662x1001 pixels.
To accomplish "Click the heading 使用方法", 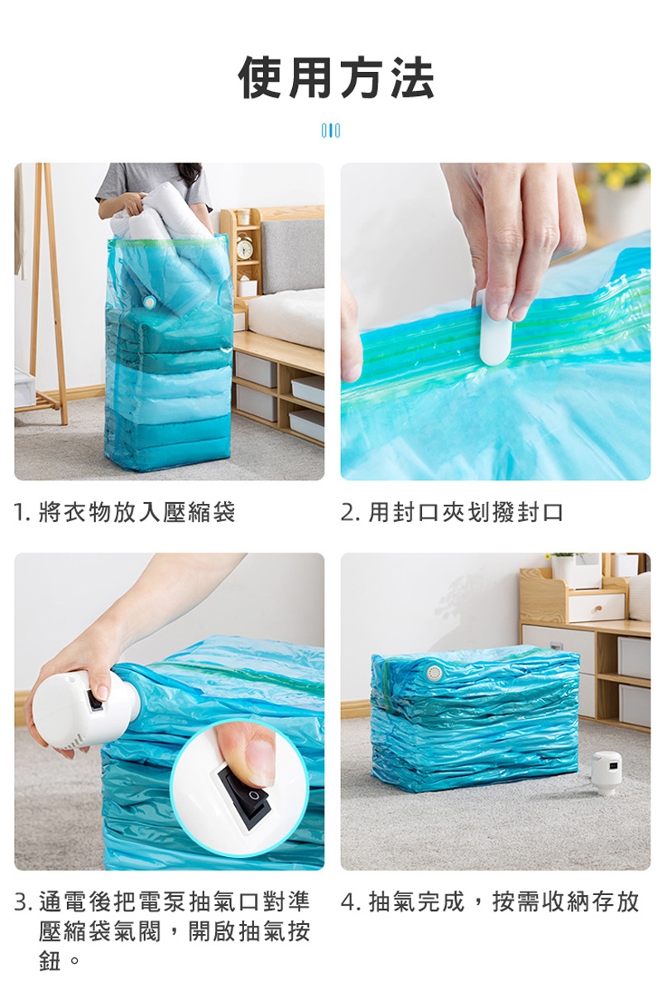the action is click(337, 79).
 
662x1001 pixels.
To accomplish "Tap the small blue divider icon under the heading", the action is click(331, 131).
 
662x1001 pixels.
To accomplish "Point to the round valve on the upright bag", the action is click(149, 302).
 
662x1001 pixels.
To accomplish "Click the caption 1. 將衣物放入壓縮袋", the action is click(124, 512).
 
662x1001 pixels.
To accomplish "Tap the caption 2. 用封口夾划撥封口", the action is click(452, 512).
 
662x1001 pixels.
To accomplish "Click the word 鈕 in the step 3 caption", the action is click(49, 960).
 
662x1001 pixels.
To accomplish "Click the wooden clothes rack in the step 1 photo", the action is click(41, 295).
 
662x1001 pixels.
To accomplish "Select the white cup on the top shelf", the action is click(243, 217).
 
